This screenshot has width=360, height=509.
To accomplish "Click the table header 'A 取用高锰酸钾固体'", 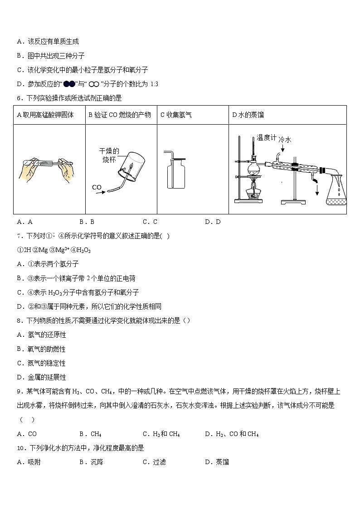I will [x=45, y=115].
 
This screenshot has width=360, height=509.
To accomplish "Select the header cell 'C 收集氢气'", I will [x=176, y=115].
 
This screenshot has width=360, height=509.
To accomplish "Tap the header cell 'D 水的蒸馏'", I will [x=248, y=115].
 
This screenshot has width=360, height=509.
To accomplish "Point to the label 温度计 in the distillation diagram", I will [x=266, y=137].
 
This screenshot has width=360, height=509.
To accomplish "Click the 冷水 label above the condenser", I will [x=285, y=140].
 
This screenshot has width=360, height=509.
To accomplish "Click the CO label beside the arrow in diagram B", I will [x=97, y=187].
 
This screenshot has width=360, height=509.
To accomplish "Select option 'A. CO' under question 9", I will [x=27, y=434].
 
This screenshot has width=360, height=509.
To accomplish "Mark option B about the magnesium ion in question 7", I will [x=76, y=278].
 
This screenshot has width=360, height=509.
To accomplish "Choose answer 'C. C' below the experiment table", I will [x=150, y=222].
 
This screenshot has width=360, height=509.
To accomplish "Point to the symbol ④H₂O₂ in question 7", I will [x=73, y=250].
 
